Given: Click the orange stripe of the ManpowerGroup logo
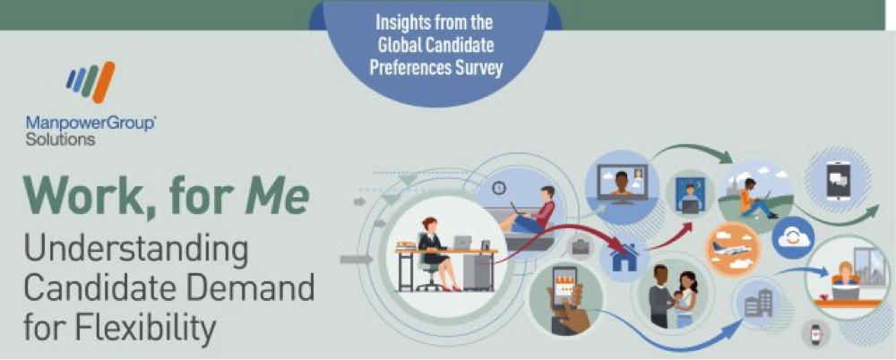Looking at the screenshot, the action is click(x=103, y=82).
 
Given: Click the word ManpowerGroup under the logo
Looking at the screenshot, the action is click(x=90, y=123).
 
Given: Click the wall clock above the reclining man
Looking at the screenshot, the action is click(x=499, y=187).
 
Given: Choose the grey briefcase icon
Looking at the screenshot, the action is click(x=582, y=247).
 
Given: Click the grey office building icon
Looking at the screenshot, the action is click(x=758, y=303).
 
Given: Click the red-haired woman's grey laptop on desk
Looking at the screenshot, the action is click(x=461, y=243).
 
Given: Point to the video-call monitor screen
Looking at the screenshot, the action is click(x=619, y=181).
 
